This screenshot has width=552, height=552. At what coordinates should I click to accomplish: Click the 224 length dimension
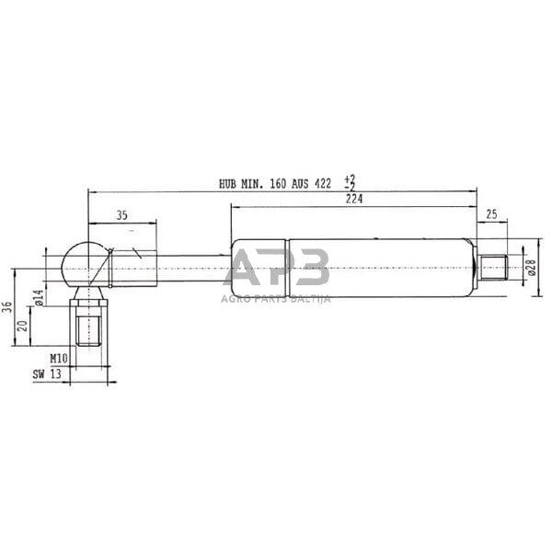click(x=352, y=200)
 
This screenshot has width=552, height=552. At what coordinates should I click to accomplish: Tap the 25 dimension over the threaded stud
click(x=491, y=214)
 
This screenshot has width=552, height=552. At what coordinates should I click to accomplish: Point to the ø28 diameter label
click(x=531, y=268)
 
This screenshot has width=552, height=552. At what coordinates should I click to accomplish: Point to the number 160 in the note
click(x=277, y=184)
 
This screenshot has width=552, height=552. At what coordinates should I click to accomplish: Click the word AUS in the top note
click(x=301, y=184)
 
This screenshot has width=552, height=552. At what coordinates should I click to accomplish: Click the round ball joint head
click(x=81, y=263)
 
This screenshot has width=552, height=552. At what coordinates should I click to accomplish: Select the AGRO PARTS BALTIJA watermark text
click(x=276, y=298)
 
